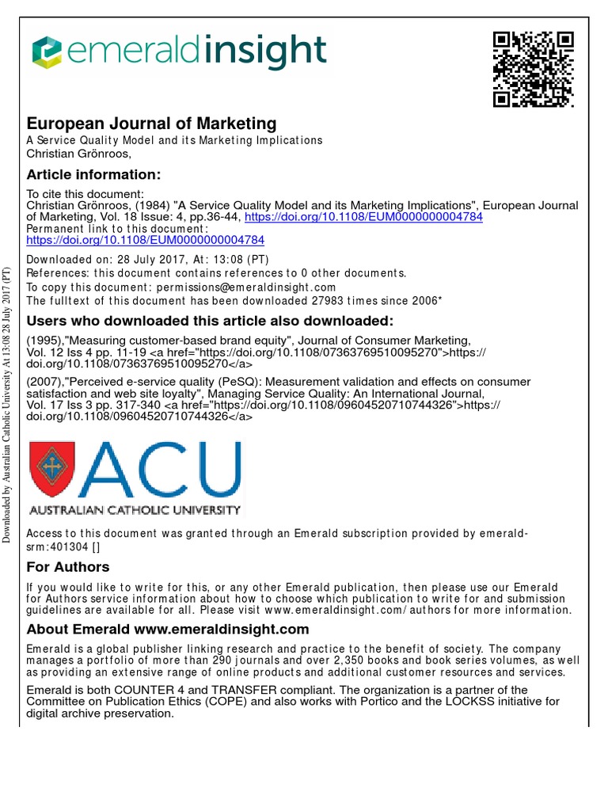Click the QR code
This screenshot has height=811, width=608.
[533, 69]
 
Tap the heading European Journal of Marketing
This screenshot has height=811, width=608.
[152, 124]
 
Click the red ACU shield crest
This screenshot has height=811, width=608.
[53, 467]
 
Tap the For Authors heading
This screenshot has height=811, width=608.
[68, 567]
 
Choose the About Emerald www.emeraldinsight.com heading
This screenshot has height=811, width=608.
[167, 630]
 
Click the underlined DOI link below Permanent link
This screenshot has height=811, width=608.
[146, 239]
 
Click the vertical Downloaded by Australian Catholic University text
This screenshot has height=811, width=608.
[7, 405]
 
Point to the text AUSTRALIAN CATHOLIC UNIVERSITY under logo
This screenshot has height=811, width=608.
[135, 508]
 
